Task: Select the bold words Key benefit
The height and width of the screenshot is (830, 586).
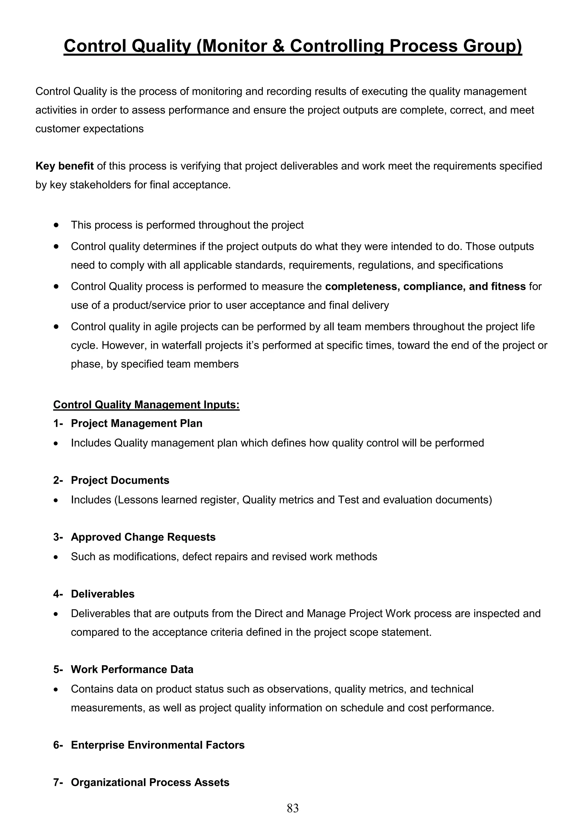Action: [64, 166]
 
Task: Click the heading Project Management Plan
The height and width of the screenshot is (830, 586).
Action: [136, 423]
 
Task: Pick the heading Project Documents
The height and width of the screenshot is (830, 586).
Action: [120, 480]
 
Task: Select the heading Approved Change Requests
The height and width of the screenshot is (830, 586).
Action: [143, 537]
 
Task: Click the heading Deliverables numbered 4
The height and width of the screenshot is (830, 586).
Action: [102, 594]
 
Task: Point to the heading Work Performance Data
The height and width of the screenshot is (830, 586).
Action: [132, 669]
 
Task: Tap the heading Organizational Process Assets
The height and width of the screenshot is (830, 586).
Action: [150, 782]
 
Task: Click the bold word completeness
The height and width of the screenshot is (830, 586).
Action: [362, 286]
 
